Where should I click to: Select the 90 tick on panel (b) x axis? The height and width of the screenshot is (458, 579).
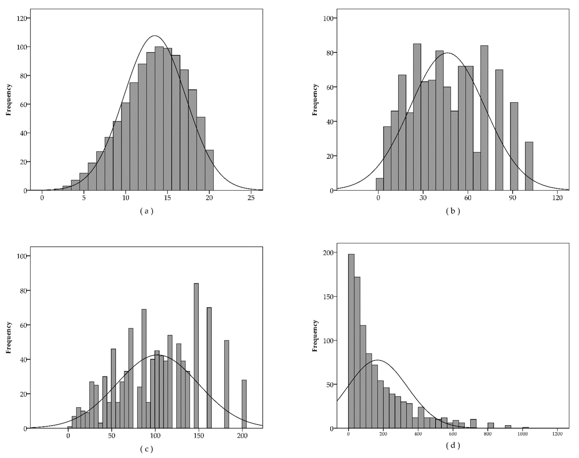[x=513, y=198]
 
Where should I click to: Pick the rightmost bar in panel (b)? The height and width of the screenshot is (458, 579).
[x=529, y=166]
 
